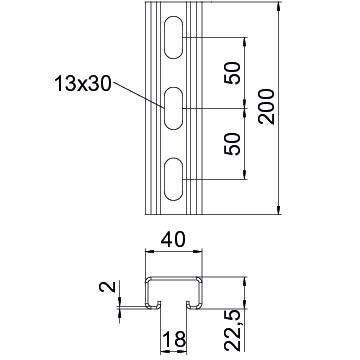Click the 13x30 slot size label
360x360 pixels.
[x=82, y=83]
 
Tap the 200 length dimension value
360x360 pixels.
[x=266, y=107]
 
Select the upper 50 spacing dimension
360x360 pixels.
[x=233, y=73]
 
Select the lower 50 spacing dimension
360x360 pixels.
[x=233, y=144]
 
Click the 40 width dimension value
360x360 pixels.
[x=173, y=240]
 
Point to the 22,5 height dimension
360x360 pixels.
[x=233, y=330]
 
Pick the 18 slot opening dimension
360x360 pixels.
[x=174, y=340]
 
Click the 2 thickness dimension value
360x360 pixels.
[x=107, y=287]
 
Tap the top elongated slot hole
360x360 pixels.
[x=174, y=37]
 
